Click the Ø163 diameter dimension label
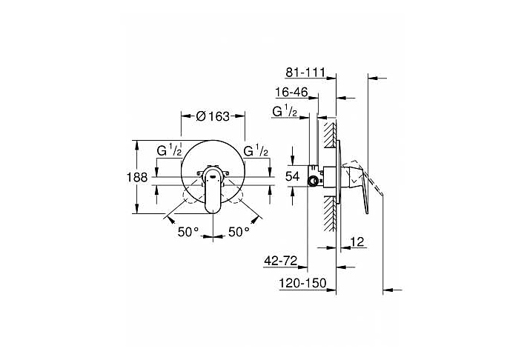point(213,116)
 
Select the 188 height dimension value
point(137,177)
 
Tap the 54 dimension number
point(292,176)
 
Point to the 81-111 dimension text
point(305,72)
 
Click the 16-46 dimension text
point(291,92)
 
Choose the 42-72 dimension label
point(281,261)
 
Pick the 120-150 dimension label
point(302,283)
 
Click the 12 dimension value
point(357,241)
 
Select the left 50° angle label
point(188,231)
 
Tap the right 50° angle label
point(239,231)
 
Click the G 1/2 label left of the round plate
point(169,150)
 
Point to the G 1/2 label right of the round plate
point(256,150)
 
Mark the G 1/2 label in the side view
point(285,111)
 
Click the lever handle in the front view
point(213,191)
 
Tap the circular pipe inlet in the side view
point(313,181)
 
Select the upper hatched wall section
point(330,134)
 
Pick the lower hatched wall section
point(330,213)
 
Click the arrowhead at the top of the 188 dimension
point(136,145)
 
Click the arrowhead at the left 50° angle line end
point(171,220)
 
